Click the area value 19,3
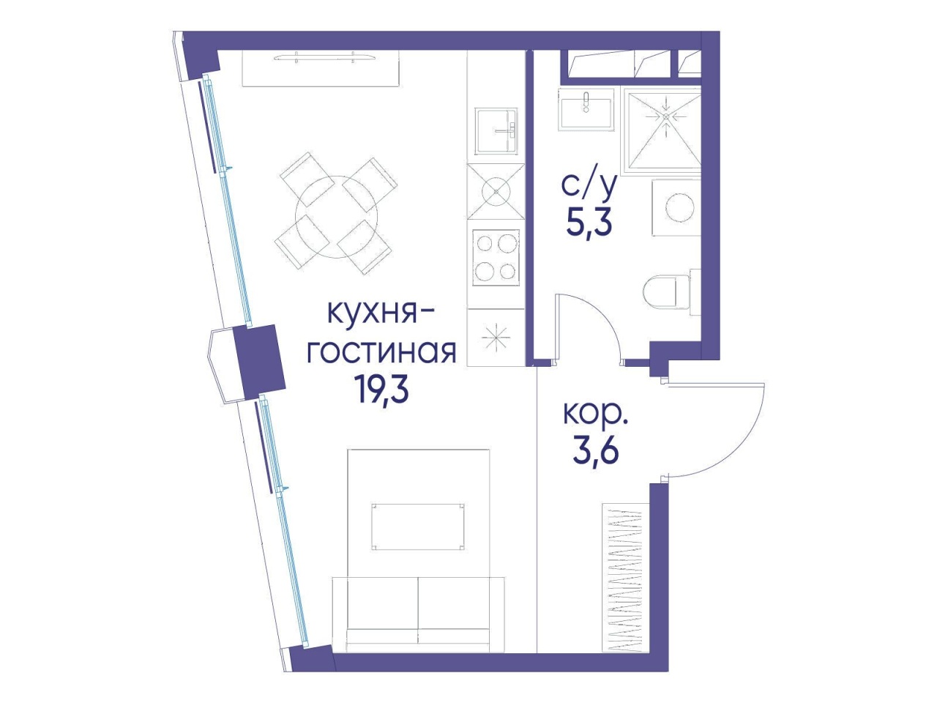[x=381, y=391]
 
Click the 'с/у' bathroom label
[x=589, y=186]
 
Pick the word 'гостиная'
[x=381, y=353]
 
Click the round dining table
[x=337, y=217]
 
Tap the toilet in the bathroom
[x=671, y=292]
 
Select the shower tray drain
[x=666, y=116]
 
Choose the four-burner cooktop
[x=496, y=258]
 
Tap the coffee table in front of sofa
[x=418, y=527]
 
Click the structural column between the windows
[x=259, y=361]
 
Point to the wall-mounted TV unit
[x=321, y=68]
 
